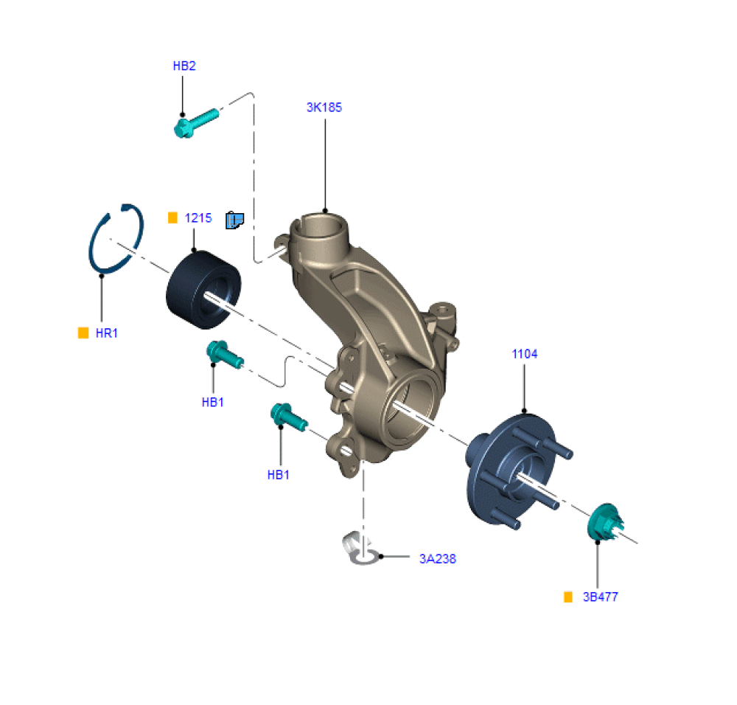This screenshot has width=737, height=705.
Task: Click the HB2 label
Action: pos(184,66)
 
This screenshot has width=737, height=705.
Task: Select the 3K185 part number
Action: pos(324,107)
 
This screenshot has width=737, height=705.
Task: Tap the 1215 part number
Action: pos(198,218)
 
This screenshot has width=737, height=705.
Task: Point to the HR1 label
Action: pos(107,333)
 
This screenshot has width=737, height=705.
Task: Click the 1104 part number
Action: pos(525,354)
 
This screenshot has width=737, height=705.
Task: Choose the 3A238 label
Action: pos(438,559)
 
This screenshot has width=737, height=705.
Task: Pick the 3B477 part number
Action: pos(601,597)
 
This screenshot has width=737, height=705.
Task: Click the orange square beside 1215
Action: pos(172,218)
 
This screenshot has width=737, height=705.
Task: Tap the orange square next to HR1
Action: pos(83,333)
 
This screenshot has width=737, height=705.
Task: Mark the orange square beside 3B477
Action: pos(568,597)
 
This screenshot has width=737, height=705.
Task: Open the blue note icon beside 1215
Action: pos(234,220)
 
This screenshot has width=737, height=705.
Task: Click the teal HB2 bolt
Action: pos(196,123)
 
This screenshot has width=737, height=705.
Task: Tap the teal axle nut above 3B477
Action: pos(605,522)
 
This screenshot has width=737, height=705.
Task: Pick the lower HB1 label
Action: pos(279,475)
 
